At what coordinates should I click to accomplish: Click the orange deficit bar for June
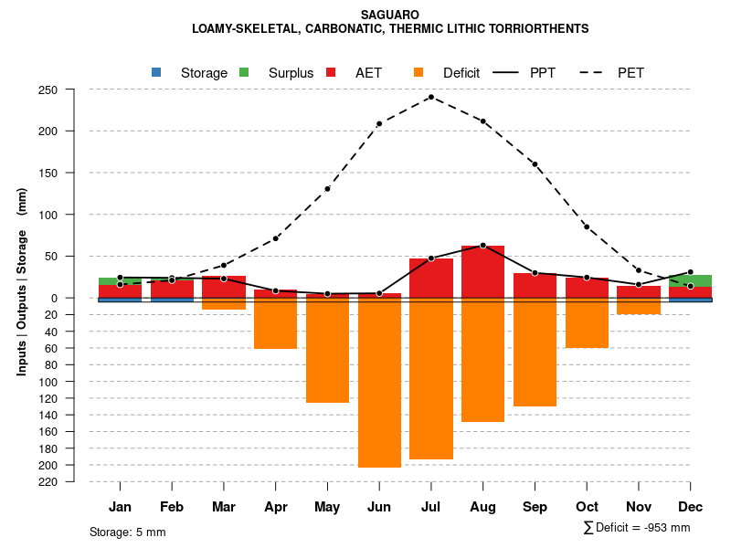379,384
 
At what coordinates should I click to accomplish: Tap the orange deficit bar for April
276,324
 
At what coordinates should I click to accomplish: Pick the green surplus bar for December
691,280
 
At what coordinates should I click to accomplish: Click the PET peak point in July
430,97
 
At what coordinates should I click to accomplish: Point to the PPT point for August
482,245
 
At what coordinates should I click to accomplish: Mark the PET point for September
535,164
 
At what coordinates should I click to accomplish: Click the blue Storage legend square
156,72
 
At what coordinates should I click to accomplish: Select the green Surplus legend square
244,72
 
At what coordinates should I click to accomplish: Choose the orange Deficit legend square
418,72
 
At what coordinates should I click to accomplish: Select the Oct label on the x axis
587,507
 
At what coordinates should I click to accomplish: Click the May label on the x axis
327,507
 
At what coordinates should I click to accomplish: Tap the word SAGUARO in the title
390,15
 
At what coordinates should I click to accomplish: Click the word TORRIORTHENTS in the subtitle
537,29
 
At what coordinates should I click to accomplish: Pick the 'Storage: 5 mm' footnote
127,532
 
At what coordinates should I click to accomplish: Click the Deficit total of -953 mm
637,528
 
